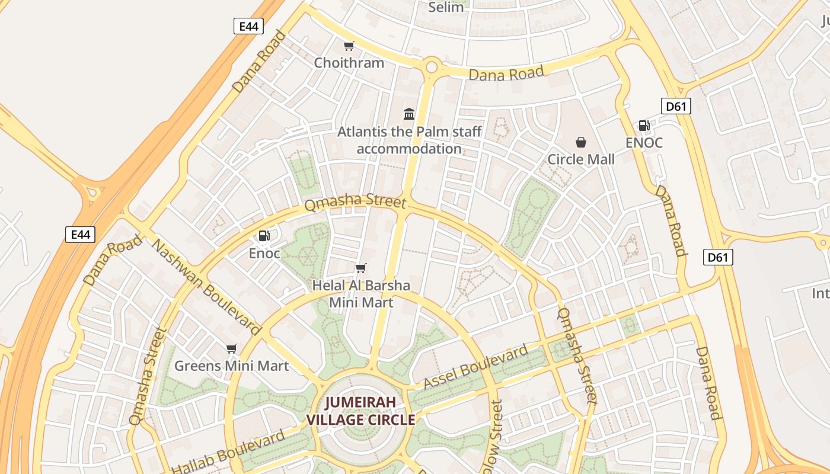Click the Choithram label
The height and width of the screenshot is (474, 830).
349,63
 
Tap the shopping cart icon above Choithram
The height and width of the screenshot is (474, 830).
349,46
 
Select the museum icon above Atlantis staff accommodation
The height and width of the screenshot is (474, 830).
409,114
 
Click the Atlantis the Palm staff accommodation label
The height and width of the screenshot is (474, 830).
409,140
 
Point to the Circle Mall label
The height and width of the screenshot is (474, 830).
580,159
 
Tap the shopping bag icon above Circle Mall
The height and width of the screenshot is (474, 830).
581,142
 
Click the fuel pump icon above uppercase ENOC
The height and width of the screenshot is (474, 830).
644,125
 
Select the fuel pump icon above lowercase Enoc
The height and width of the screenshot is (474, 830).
264,236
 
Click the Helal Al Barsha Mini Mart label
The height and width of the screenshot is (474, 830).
361,294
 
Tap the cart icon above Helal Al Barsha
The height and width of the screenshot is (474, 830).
361,268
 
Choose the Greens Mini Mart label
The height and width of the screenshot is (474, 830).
231,366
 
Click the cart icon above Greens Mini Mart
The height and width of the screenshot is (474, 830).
232,348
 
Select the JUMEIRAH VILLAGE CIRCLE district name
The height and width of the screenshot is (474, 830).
360,411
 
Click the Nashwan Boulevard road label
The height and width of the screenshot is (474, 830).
207,287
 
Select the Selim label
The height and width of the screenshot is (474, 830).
446,7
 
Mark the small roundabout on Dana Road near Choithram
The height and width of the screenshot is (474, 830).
432,67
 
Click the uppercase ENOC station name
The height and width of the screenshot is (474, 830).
644,143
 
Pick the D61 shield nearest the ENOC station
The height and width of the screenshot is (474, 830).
676,107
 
